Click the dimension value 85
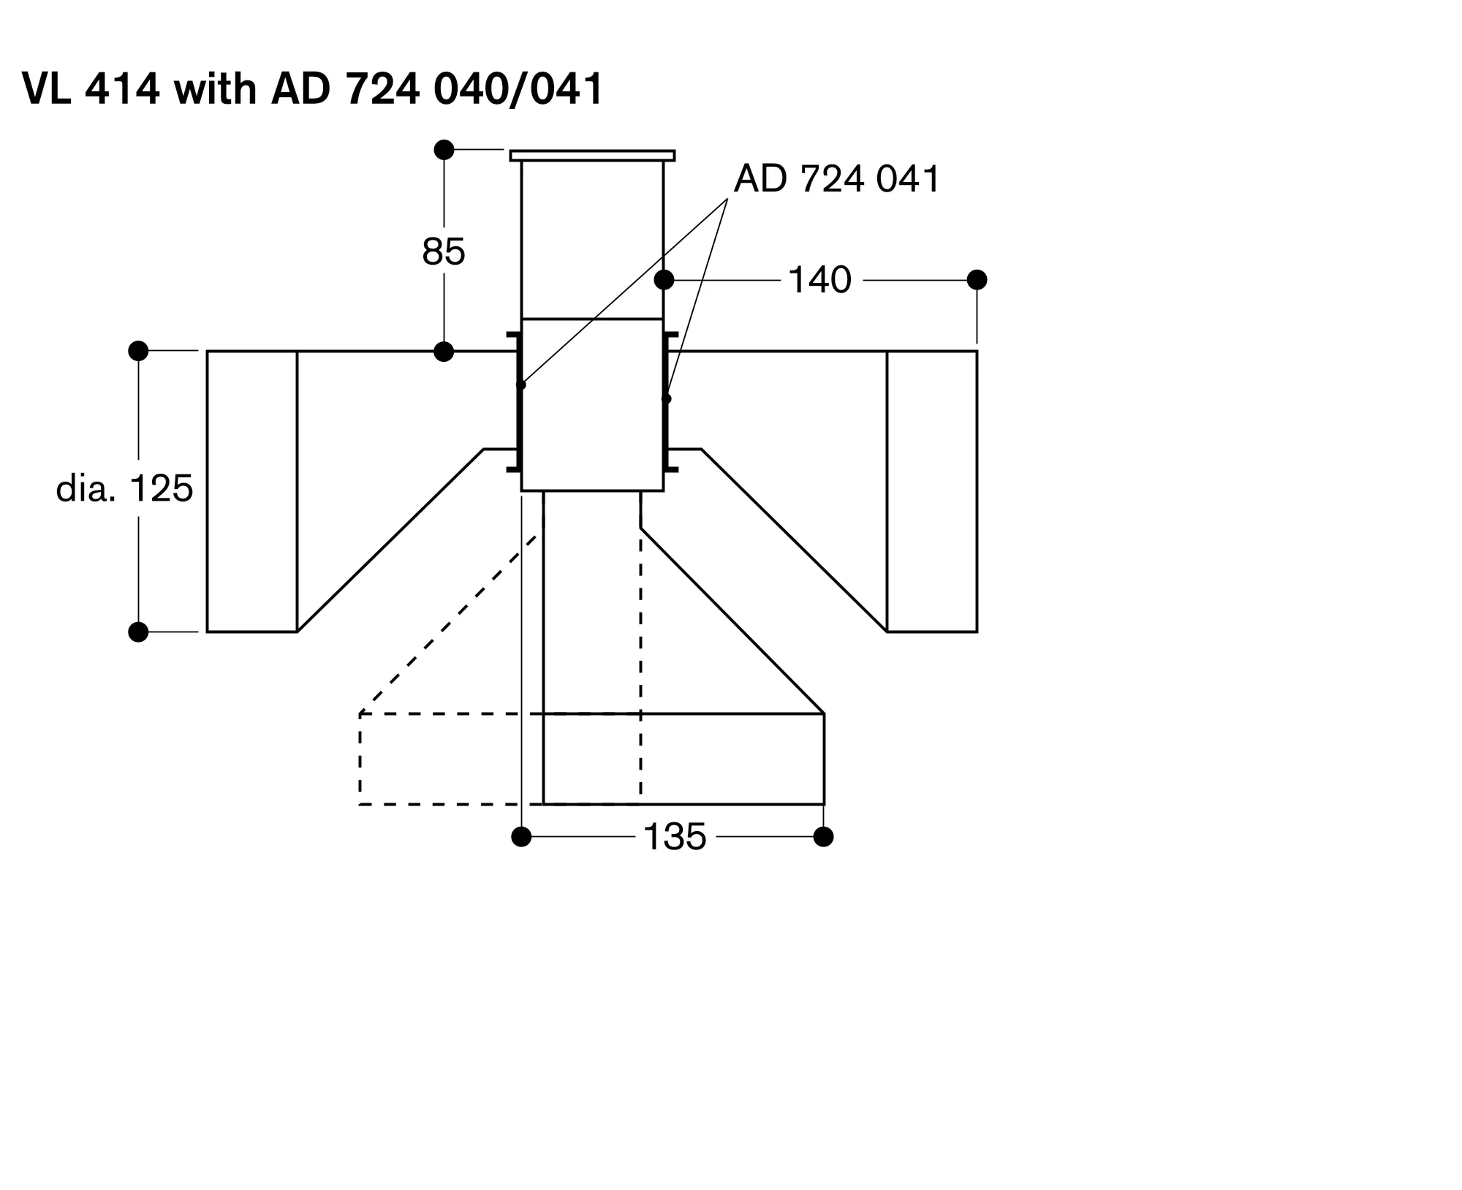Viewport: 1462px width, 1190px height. (x=444, y=252)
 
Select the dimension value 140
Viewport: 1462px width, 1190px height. (x=819, y=280)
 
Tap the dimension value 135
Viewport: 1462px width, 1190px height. (x=675, y=837)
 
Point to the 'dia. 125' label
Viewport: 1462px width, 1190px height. (x=124, y=488)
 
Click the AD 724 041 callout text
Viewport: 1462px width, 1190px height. (x=836, y=179)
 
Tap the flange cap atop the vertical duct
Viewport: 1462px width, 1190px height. (x=592, y=156)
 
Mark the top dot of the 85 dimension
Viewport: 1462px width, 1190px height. (x=444, y=150)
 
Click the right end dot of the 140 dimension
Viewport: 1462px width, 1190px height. (x=977, y=280)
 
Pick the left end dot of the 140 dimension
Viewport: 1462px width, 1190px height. (x=664, y=280)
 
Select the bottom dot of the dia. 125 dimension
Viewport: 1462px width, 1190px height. (x=138, y=632)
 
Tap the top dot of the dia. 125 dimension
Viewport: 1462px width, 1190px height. (x=138, y=351)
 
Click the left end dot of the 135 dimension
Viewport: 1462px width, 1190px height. (x=521, y=836)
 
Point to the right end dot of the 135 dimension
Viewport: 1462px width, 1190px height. (x=824, y=836)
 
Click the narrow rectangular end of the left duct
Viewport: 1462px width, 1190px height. (x=252, y=491)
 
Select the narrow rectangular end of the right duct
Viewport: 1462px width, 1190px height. (x=932, y=491)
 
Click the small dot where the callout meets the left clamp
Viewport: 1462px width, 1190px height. (x=521, y=384)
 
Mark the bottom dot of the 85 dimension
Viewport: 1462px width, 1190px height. (x=444, y=352)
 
